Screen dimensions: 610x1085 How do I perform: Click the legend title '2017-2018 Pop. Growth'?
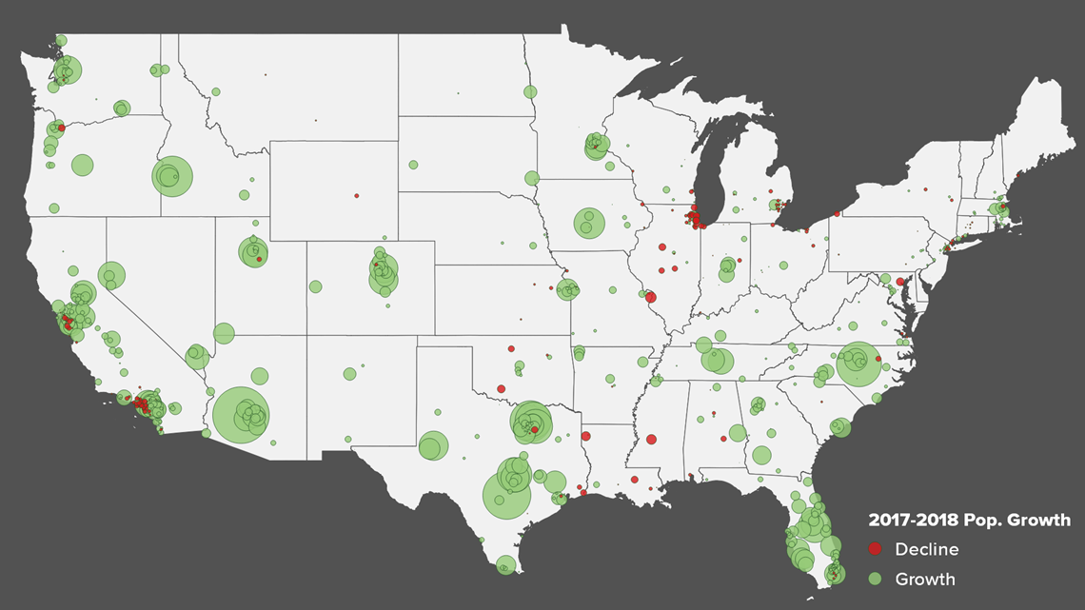pos(969,521)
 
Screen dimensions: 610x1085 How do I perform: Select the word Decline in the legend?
pos(926,549)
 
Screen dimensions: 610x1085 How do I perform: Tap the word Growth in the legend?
pos(925,579)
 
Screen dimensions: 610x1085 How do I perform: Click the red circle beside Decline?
pos(876,549)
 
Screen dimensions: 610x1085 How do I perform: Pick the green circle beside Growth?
pos(876,579)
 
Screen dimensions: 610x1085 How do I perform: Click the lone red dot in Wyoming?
pos(357,196)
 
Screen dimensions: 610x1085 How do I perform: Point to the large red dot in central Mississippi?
pos(651,440)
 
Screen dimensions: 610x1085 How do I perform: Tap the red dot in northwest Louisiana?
pos(585,437)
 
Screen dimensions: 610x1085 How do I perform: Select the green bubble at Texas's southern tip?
pos(505,564)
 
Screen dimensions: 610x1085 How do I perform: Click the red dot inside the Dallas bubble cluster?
pos(535,430)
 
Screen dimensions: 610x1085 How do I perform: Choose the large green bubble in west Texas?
pos(433,445)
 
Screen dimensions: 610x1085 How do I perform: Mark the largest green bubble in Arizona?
pos(241,415)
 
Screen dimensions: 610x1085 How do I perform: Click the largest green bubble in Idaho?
pos(172,176)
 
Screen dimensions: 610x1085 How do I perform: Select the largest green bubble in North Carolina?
pos(858,364)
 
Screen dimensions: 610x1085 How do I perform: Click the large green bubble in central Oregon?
pos(83,165)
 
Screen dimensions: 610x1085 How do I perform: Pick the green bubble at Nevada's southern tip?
pos(197,357)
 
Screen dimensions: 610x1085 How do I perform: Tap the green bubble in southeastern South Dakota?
pos(531,178)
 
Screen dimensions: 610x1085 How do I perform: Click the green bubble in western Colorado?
pos(315,285)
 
